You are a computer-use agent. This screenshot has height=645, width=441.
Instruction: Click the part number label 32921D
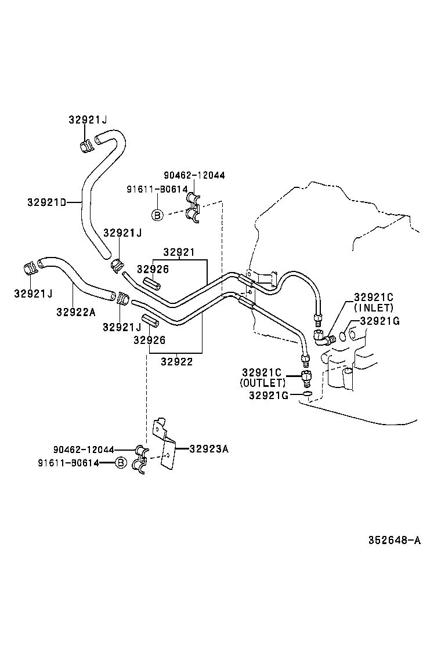click(x=46, y=202)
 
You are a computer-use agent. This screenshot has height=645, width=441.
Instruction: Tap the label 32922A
click(x=75, y=311)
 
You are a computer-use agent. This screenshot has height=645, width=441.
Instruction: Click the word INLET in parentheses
click(x=373, y=307)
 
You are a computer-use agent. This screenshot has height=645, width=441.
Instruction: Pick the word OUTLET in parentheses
click(x=263, y=383)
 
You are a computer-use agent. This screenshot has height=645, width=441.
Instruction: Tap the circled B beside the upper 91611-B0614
click(x=157, y=215)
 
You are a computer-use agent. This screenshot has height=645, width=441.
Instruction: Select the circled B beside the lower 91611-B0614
click(x=121, y=462)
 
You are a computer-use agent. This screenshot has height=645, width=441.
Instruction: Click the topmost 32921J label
click(x=87, y=119)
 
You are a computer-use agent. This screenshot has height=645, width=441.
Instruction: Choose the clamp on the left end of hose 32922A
click(x=31, y=269)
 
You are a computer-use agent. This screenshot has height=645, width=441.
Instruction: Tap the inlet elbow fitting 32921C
click(x=322, y=336)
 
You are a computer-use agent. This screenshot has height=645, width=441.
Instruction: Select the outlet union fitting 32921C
click(x=306, y=378)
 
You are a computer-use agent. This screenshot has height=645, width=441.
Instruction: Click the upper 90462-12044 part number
click(x=194, y=175)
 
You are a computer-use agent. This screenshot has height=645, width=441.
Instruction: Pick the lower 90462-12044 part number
click(x=84, y=450)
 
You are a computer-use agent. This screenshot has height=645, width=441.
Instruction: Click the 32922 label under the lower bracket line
click(x=176, y=361)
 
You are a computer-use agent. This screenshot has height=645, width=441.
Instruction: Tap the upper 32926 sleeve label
click(x=153, y=269)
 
